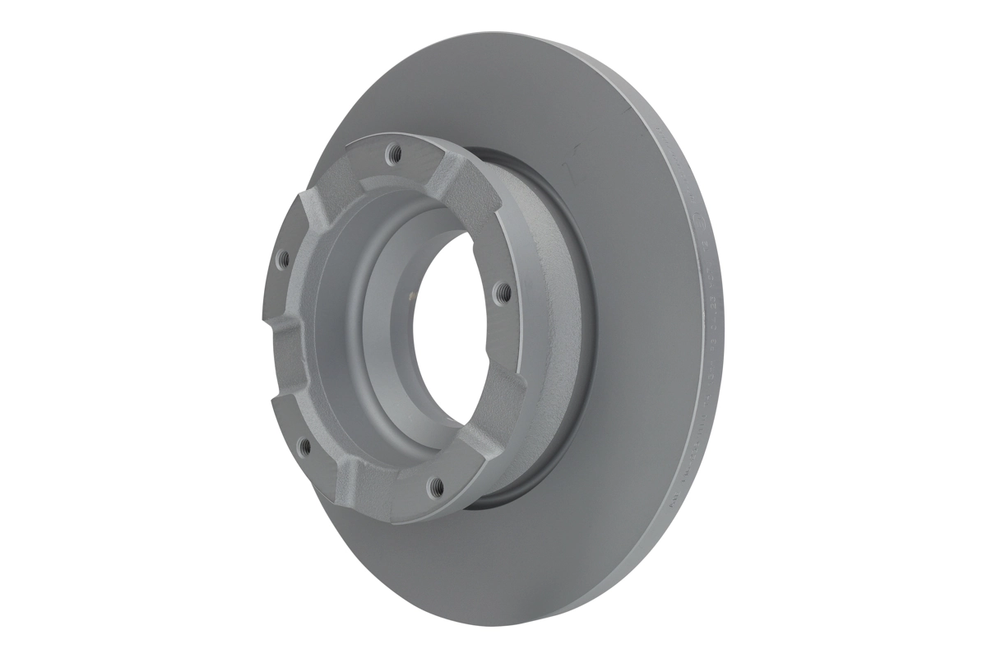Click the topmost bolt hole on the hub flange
click(x=393, y=152)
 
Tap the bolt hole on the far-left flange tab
click(x=283, y=259)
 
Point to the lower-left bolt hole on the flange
click(x=304, y=447)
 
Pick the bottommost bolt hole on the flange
click(x=437, y=486)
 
